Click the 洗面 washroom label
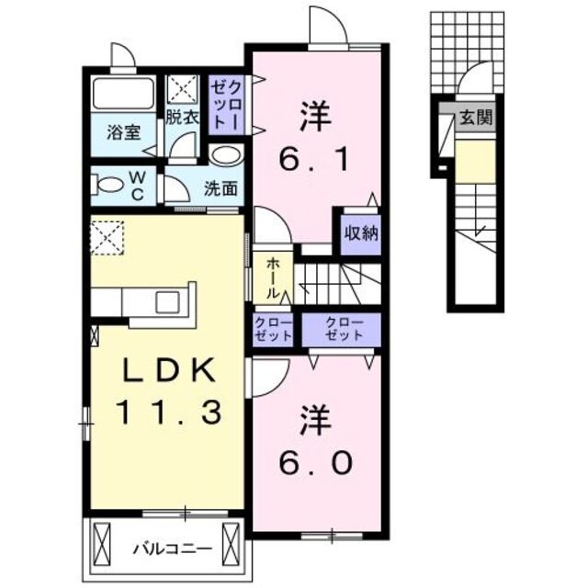click(x=221, y=190)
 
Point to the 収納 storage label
click(x=361, y=232)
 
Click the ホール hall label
click(x=273, y=277)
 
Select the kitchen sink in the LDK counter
click(x=167, y=301)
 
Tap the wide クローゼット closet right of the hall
click(x=342, y=329)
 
